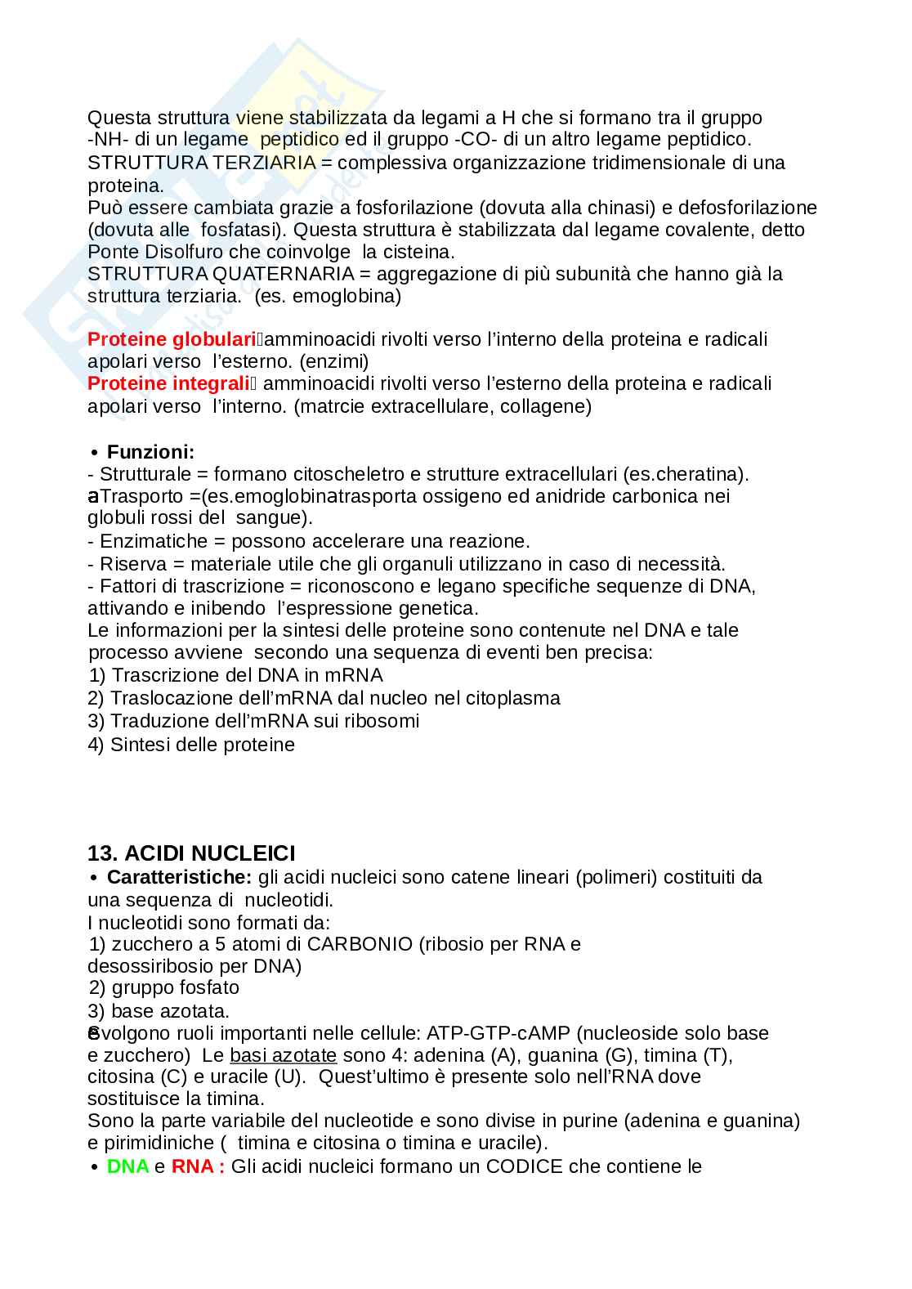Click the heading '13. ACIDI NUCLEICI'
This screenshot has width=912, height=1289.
[191, 853]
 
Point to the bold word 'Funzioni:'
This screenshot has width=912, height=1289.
[151, 452]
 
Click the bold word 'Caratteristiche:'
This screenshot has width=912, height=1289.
[179, 878]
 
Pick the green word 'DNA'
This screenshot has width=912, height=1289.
[128, 1166]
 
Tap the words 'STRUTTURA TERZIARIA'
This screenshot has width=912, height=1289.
[201, 163]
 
